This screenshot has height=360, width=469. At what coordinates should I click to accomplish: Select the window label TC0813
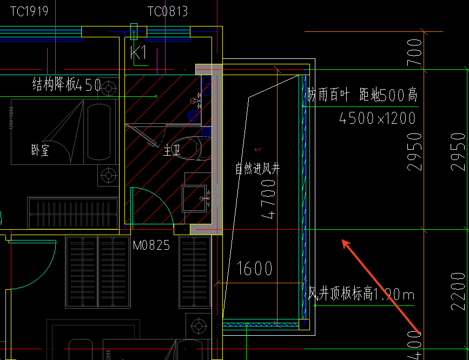[167, 10]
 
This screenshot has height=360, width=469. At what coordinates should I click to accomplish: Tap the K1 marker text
[139, 53]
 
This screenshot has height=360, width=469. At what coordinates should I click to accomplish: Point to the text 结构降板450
[67, 84]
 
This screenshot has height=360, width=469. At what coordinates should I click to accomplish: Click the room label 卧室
[40, 150]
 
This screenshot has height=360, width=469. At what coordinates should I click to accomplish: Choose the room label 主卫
[172, 150]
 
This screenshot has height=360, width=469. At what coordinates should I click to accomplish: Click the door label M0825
[151, 245]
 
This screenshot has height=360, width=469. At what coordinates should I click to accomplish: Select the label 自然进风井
[257, 169]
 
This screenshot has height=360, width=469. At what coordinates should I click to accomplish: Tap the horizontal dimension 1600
[255, 269]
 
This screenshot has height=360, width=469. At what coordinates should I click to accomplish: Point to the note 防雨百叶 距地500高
[362, 96]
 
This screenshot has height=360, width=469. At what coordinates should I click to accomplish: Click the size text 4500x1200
[377, 117]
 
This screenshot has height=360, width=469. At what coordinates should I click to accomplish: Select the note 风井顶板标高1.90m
[361, 295]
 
